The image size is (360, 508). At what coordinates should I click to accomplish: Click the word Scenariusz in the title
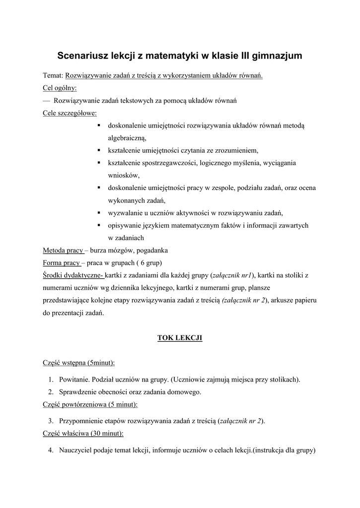pyautogui.click(x=82, y=56)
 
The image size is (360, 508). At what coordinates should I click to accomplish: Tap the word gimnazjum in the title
pyautogui.click(x=275, y=56)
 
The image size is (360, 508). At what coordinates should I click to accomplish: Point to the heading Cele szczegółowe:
pyautogui.click(x=70, y=113)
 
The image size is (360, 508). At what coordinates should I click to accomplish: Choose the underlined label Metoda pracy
pyautogui.click(x=63, y=250)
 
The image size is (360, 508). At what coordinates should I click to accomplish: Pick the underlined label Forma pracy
pyautogui.click(x=61, y=262)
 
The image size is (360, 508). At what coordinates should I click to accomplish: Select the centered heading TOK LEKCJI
pyautogui.click(x=180, y=338)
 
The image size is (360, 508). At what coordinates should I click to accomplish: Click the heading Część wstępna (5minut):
pyautogui.click(x=78, y=363)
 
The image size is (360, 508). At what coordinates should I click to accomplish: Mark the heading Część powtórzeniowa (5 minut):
pyautogui.click(x=90, y=404)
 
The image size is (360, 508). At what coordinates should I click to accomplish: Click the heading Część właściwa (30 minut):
pyautogui.click(x=83, y=433)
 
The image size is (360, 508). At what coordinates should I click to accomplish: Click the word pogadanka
pyautogui.click(x=158, y=250)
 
